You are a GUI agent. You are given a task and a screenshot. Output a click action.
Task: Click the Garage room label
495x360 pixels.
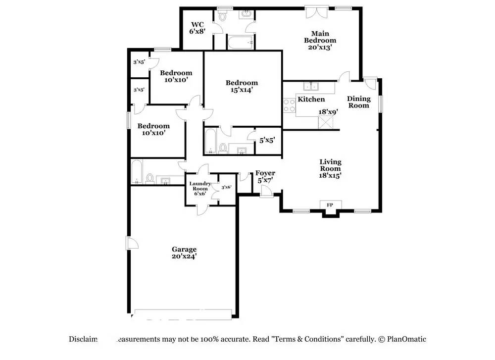pyautogui.click(x=184, y=253)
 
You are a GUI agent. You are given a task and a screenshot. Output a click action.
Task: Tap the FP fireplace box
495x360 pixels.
pyautogui.click(x=330, y=205)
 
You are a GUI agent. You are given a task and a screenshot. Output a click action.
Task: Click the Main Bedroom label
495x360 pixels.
pyautogui.click(x=320, y=41)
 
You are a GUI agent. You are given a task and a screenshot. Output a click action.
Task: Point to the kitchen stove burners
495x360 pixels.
pyautogui.click(x=289, y=105)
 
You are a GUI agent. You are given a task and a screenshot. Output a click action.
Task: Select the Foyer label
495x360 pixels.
pyautogui.click(x=265, y=176)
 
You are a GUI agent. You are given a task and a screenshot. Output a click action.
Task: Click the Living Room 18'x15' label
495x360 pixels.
pyautogui.click(x=330, y=168)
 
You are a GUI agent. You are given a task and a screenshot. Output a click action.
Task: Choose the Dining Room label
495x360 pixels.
pyautogui.click(x=359, y=102)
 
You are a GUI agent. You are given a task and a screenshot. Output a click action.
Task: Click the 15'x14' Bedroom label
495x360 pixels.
pyautogui.click(x=242, y=86)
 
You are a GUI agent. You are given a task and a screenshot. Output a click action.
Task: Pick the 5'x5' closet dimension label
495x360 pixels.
pyautogui.click(x=267, y=140)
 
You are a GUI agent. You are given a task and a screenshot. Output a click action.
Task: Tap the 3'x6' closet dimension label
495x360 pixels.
pyautogui.click(x=227, y=187)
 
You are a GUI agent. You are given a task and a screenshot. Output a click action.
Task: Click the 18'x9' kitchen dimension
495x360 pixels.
pyautogui.click(x=328, y=112)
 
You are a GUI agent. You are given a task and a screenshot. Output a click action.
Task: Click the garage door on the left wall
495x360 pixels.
pyautogui.click(x=132, y=243)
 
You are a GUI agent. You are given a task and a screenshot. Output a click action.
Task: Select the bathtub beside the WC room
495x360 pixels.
pyautogui.click(x=241, y=42)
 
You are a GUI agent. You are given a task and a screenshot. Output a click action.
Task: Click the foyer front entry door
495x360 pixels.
pyautogui.click(x=267, y=192)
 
